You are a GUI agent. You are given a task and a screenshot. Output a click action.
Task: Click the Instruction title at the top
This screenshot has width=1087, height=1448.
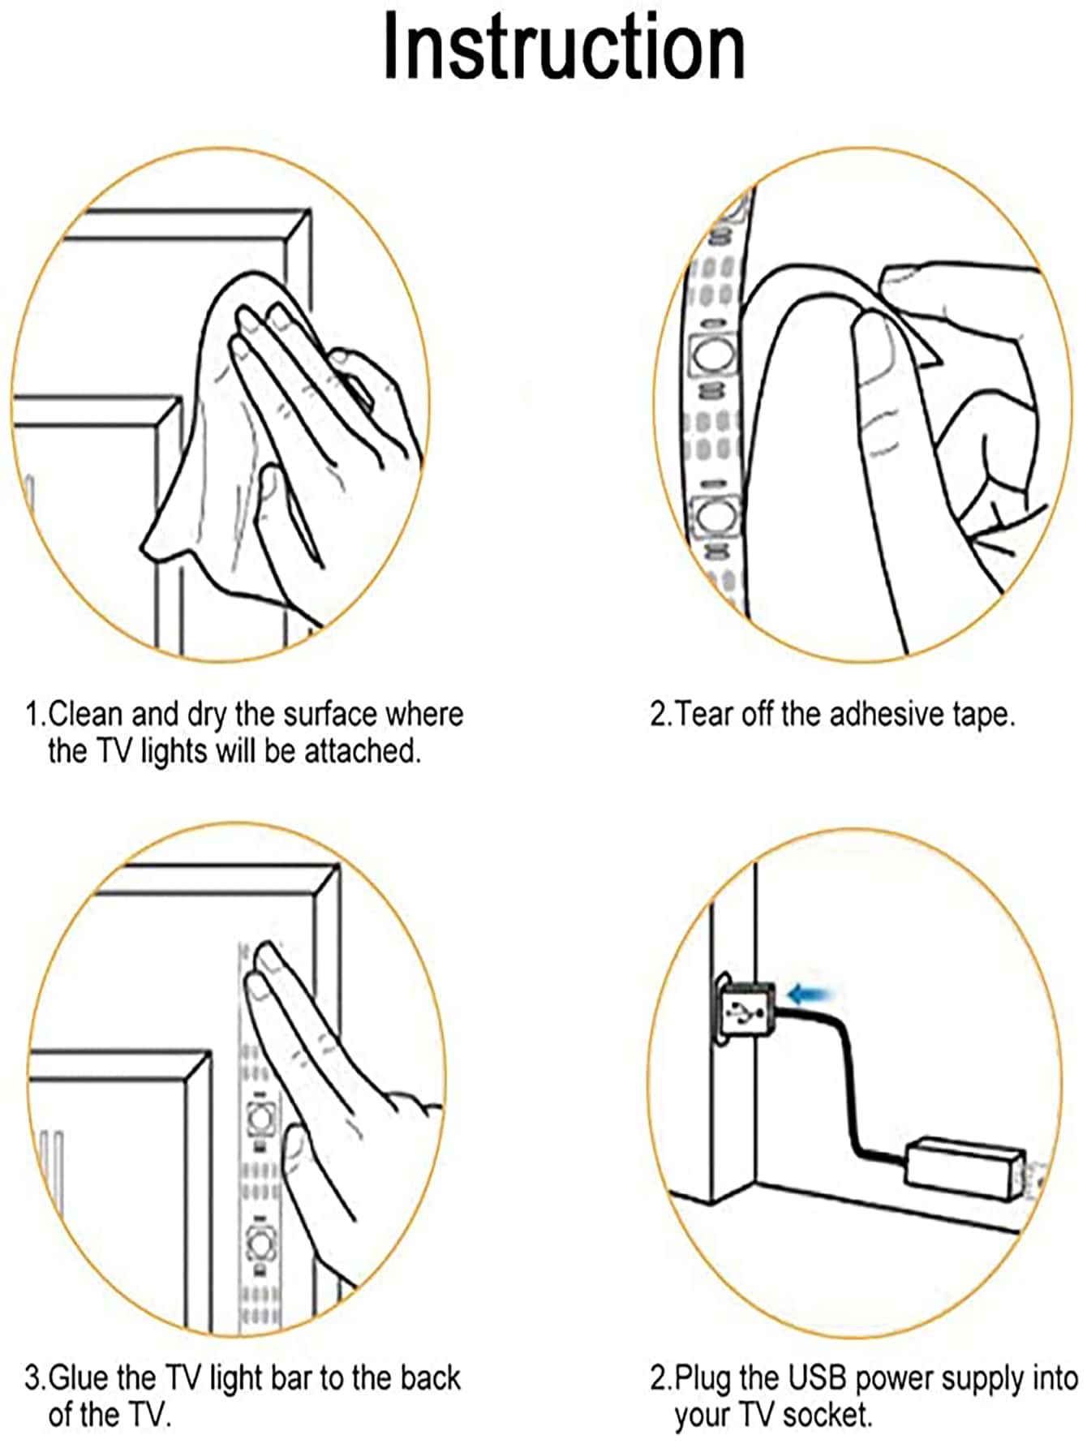564,47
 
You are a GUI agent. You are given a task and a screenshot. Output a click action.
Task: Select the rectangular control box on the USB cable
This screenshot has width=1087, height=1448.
965,1170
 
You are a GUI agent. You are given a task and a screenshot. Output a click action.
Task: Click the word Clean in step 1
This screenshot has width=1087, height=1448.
85,714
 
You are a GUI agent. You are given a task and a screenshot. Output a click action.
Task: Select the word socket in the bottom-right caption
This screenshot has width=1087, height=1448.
827,1416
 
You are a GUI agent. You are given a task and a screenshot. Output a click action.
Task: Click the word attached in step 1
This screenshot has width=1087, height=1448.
363,751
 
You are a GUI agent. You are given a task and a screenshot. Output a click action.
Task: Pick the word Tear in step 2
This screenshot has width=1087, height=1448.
703,714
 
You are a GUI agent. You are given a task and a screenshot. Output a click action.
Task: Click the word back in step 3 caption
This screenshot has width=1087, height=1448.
431,1377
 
